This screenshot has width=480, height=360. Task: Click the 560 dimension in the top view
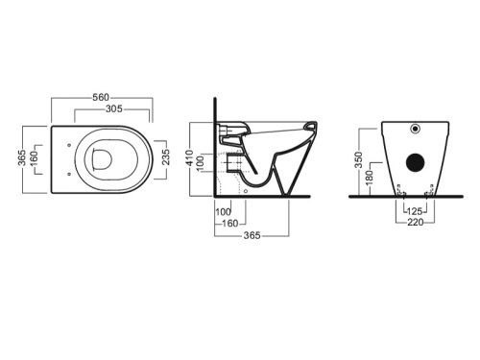[101, 97]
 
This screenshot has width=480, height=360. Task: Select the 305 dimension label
[114, 108]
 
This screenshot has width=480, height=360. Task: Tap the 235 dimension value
[165, 156]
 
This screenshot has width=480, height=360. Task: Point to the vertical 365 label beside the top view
[22, 157]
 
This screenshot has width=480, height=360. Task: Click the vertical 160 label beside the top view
[34, 158]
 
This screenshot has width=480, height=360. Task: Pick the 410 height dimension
[189, 158]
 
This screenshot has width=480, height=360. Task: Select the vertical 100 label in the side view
[200, 163]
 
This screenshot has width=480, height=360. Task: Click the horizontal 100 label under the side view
[223, 211]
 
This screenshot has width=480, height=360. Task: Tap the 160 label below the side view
[230, 223]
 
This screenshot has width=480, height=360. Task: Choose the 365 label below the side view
[252, 235]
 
